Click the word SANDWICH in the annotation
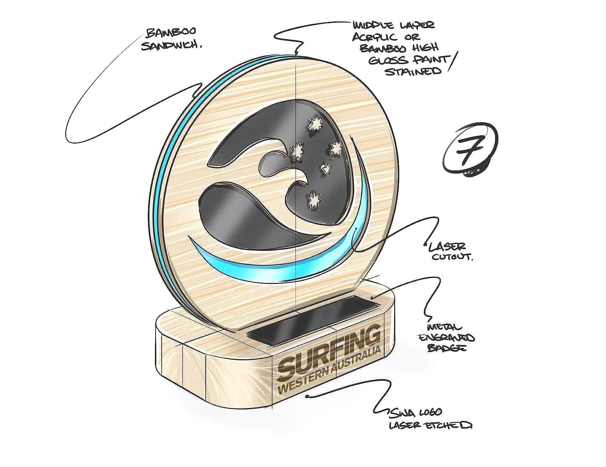[171, 45]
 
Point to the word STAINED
[413, 72]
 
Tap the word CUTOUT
[452, 257]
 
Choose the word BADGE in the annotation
[447, 348]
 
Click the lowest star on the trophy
[313, 200]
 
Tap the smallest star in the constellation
[326, 168]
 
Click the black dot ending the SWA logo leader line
[307, 396]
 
